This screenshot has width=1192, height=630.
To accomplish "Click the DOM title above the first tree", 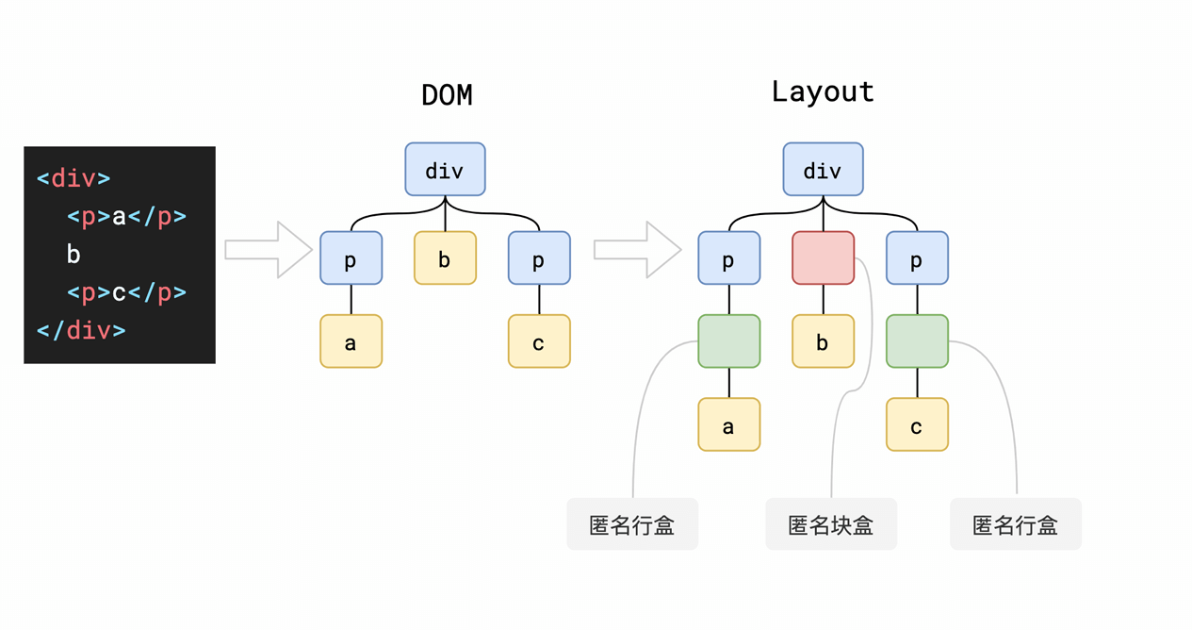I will pyautogui.click(x=447, y=95).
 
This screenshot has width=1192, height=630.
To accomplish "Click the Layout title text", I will pyautogui.click(x=823, y=91).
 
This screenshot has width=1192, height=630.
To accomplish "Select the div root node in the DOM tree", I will pyautogui.click(x=445, y=170).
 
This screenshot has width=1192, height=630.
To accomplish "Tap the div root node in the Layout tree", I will pyautogui.click(x=823, y=170).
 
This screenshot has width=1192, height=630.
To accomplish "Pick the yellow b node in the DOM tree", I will pyautogui.click(x=445, y=258).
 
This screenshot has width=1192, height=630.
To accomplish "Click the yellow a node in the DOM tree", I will pyautogui.click(x=351, y=341).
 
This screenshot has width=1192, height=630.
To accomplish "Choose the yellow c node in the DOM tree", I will pyautogui.click(x=539, y=341).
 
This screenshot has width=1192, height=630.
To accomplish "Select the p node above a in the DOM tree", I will pyautogui.click(x=351, y=258).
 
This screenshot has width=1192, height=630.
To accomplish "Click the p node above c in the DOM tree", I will pyautogui.click(x=539, y=258).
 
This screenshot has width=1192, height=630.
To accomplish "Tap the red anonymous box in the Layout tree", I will pyautogui.click(x=823, y=258).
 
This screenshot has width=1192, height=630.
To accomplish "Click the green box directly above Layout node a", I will pyautogui.click(x=728, y=341).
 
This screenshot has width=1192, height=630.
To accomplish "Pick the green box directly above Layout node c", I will pyautogui.click(x=917, y=341).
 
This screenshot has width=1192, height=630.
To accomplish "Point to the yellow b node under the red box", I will pyautogui.click(x=823, y=341).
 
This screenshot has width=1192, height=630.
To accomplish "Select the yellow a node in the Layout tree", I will pyautogui.click(x=728, y=425).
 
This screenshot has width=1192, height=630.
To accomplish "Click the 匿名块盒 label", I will pyautogui.click(x=830, y=524).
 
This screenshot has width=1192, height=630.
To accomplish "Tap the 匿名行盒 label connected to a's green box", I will pyautogui.click(x=631, y=524).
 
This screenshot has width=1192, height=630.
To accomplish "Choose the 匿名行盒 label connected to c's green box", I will pyautogui.click(x=1015, y=524).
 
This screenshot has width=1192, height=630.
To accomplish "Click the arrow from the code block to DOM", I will pyautogui.click(x=269, y=250).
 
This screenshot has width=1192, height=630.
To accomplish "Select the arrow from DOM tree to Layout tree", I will pyautogui.click(x=637, y=250).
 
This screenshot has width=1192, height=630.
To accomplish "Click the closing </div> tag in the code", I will pyautogui.click(x=81, y=330).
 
